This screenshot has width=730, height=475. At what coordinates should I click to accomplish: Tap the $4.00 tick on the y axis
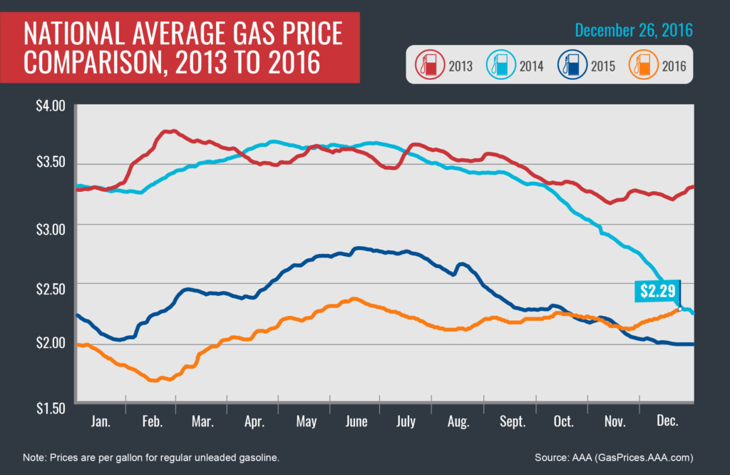(x=50, y=106)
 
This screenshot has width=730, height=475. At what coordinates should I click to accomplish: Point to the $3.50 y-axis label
(x=50, y=163)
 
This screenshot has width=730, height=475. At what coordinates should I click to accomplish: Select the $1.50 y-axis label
(x=50, y=408)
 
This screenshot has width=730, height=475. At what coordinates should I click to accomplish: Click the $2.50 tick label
(x=50, y=288)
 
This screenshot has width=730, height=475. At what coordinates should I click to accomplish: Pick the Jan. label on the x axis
(x=101, y=422)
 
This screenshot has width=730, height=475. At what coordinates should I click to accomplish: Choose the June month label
(x=356, y=422)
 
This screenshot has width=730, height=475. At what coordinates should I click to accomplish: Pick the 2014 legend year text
(x=531, y=67)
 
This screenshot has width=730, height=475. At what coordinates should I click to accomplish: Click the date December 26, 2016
(x=633, y=31)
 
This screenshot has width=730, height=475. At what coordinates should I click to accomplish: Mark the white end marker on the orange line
(x=680, y=308)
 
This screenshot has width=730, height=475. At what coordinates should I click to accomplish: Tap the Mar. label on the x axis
(x=203, y=422)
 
